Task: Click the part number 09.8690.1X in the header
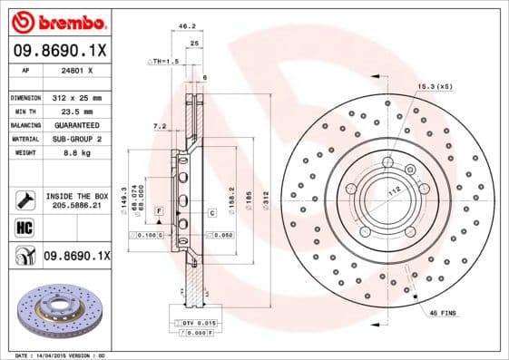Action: [58, 51]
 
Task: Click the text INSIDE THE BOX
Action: [76, 196]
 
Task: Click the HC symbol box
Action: [23, 227]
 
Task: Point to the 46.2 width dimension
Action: [189, 27]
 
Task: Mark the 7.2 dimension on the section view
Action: [159, 125]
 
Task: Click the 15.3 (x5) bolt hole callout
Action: [435, 86]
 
